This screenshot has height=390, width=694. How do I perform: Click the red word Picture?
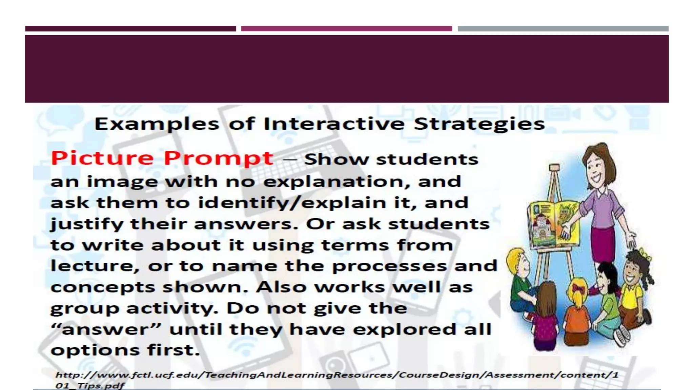(102, 158)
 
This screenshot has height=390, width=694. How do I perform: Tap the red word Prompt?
(219, 158)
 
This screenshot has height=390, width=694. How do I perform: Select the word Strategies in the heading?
(479, 124)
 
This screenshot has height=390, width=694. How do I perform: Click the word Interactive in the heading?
(334, 124)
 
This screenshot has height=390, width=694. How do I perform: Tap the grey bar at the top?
(563, 29)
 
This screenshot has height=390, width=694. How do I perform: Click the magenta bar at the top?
(346, 29)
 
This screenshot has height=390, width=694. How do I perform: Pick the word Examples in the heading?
(157, 124)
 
